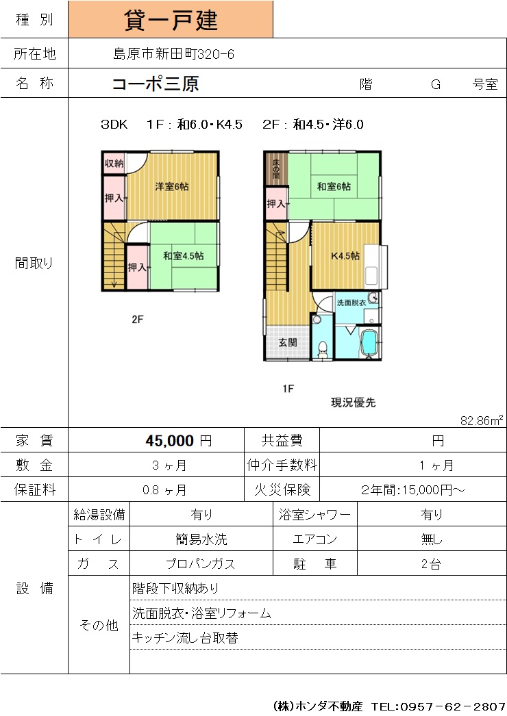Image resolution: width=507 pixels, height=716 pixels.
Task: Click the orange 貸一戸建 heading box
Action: coord(171,19)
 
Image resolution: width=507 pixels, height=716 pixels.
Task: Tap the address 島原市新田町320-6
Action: coord(174,54)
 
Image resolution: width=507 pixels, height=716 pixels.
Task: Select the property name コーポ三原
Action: coord(156,84)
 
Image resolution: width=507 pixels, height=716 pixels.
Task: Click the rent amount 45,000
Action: coord(170,441)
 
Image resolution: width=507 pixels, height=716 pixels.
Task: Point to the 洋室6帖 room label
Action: coord(172,186)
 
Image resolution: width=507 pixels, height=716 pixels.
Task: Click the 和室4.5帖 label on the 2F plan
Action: coord(184,256)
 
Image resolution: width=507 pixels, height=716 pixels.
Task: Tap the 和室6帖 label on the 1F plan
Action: coord(334,186)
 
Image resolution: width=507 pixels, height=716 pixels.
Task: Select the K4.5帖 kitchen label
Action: coord(345,256)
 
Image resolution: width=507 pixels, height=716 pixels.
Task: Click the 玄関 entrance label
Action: coord(288,342)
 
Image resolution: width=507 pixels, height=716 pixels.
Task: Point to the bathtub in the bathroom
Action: coord(369,343)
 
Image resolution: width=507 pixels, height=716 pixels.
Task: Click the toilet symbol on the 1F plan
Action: coord(323,349)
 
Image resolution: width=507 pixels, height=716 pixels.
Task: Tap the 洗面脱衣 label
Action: coord(351,303)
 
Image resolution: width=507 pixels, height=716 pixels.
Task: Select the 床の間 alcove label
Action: coord(276,168)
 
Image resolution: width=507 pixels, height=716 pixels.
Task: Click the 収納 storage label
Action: coord(114,163)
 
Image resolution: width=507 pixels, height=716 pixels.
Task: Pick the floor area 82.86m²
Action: coord(482,420)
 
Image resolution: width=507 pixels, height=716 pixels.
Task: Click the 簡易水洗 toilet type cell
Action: coord(201,539)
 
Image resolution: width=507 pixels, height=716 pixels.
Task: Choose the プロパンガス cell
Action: coord(201,564)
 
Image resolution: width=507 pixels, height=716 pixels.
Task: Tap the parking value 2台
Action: coord(431,564)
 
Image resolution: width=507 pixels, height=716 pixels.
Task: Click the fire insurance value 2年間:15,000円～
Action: coord(413,490)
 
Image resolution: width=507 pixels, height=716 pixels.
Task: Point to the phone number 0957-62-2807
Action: coord(453,706)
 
